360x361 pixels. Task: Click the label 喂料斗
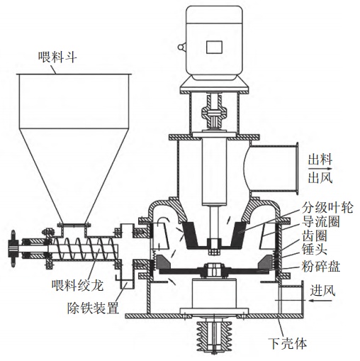pyautogui.click(x=57, y=57)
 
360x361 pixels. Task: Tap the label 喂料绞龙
pyautogui.click(x=78, y=285)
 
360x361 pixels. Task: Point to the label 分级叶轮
pyautogui.click(x=327, y=208)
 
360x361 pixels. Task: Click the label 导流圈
pyautogui.click(x=321, y=221)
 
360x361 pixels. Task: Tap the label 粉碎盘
pyautogui.click(x=321, y=267)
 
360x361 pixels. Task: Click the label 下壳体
pyautogui.click(x=288, y=343)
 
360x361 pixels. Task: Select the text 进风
pyautogui.click(x=322, y=290)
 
